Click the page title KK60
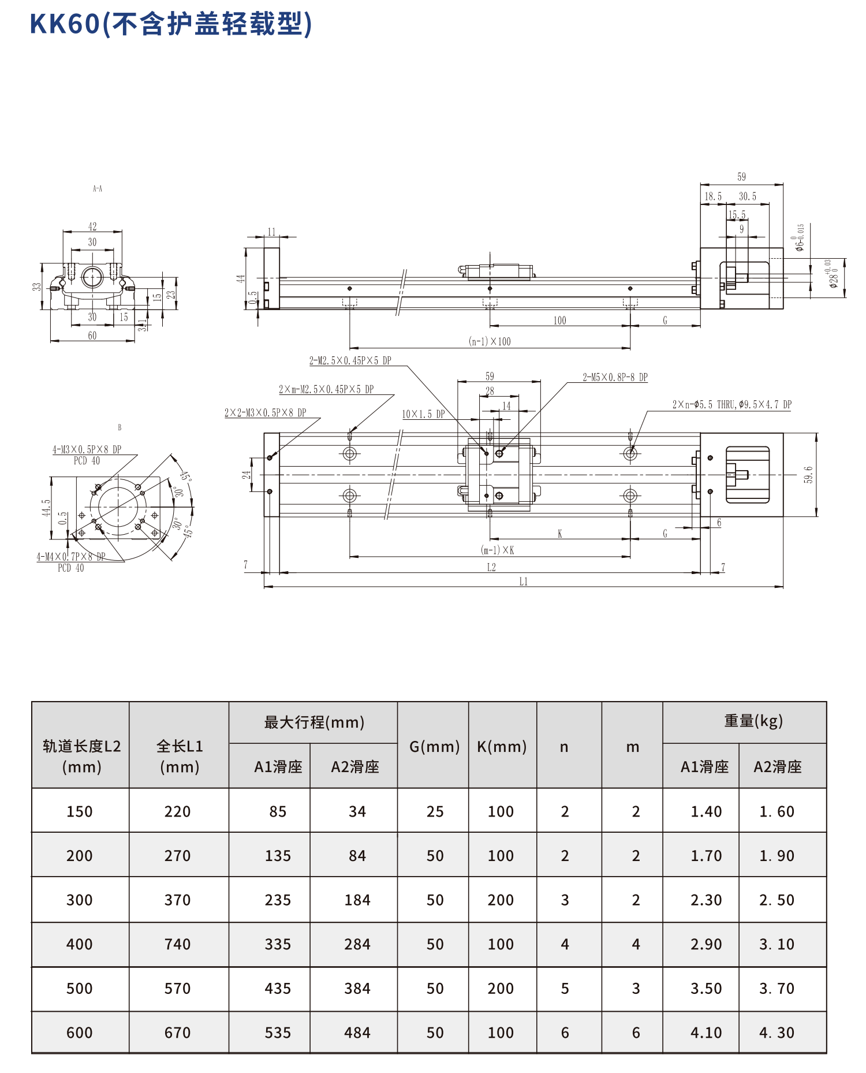pyautogui.click(x=65, y=24)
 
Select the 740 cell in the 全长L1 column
pyautogui.click(x=177, y=944)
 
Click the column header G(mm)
pyautogui.click(x=434, y=747)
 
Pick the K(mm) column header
pyautogui.click(x=502, y=747)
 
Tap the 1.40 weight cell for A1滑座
pyautogui.click(x=706, y=811)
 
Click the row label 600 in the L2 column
pyautogui.click(x=79, y=1033)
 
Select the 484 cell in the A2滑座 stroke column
pyautogui.click(x=357, y=1033)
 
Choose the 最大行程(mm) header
pyautogui.click(x=314, y=722)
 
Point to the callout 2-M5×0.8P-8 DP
pyautogui.click(x=615, y=378)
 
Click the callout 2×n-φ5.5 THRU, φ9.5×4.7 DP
pyautogui.click(x=731, y=405)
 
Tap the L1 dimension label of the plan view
pyautogui.click(x=523, y=582)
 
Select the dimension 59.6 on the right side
pyautogui.click(x=808, y=475)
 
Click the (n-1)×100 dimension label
pyautogui.click(x=490, y=341)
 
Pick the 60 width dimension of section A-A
pyautogui.click(x=92, y=336)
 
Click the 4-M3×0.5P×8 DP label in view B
pyautogui.click(x=87, y=449)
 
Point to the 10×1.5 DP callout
pyautogui.click(x=423, y=414)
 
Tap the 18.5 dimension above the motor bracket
pyautogui.click(x=713, y=196)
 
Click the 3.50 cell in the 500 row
pyautogui.click(x=706, y=989)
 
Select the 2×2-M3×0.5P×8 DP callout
pyautogui.click(x=265, y=412)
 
